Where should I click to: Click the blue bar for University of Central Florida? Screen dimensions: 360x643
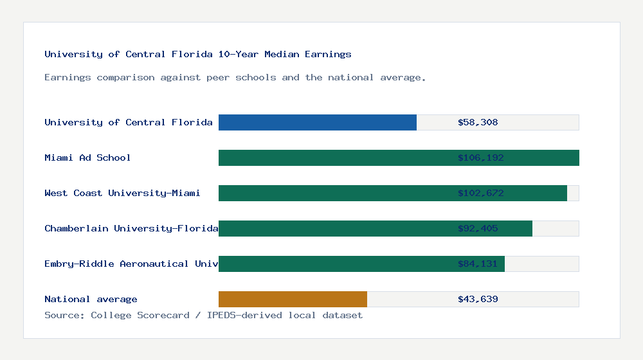click(x=317, y=122)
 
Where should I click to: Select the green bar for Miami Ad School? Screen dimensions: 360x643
click(x=334, y=157)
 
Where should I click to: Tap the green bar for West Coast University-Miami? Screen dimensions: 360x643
click(x=334, y=193)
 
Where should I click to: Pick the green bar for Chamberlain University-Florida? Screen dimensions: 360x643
click(x=334, y=228)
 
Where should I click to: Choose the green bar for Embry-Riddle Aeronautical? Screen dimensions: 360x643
click(x=334, y=264)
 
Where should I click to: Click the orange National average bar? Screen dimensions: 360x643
click(x=293, y=299)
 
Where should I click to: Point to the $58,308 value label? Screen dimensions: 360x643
click(x=478, y=122)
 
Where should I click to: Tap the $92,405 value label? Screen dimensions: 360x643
click(x=478, y=228)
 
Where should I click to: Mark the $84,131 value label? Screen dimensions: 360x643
click(x=478, y=264)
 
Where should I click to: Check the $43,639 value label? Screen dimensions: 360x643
click(x=478, y=299)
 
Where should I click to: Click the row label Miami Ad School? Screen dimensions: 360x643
click(x=87, y=157)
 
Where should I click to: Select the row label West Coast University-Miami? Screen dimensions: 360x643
click(x=122, y=193)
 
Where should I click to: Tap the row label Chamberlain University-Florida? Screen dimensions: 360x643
click(x=131, y=228)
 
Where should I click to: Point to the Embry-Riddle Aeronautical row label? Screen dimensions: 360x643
click(x=131, y=264)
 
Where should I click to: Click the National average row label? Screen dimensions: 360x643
click(x=91, y=299)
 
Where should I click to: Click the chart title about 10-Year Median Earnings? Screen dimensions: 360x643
click(x=198, y=54)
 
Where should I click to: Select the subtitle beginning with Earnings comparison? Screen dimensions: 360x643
click(x=235, y=77)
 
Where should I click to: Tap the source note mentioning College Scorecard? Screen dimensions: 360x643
click(x=203, y=315)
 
